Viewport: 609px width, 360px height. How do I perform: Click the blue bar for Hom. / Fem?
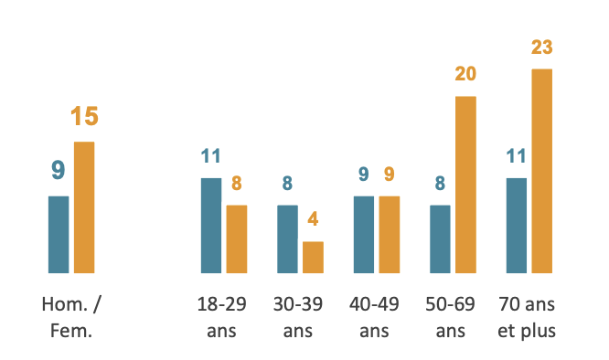coord(59,235)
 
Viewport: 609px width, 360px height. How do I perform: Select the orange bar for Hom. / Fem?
coord(84,207)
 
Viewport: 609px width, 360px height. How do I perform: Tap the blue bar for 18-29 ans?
coord(211,226)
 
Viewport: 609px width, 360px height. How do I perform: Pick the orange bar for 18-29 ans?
coord(237,239)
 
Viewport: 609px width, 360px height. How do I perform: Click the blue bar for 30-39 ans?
coord(287,239)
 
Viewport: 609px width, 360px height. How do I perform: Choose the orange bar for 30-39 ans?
coord(313,258)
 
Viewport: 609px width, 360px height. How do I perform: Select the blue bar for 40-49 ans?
coord(364,235)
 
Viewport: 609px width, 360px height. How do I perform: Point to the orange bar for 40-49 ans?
coord(390,235)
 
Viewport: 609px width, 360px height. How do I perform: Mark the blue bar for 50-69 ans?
coord(440,239)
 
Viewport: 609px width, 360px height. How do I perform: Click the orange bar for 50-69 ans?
coord(465,185)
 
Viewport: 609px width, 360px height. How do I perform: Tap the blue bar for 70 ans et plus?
coord(517,226)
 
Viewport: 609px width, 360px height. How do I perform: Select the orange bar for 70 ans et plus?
coord(542,171)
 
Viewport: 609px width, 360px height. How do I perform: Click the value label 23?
coord(542,48)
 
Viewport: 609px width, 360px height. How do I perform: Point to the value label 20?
coord(465,74)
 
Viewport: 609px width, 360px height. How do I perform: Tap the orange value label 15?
coord(84,116)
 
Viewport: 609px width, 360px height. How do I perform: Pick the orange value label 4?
coord(313,219)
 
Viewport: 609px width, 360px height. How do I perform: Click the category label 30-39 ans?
coord(298,317)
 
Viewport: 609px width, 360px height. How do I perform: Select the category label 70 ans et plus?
coord(527,317)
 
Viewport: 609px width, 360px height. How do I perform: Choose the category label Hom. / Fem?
coord(71,317)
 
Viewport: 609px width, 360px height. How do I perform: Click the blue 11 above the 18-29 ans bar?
coord(211,156)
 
